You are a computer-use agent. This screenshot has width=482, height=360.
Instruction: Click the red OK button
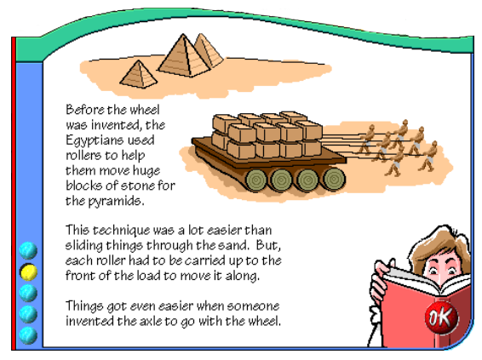click(441, 317)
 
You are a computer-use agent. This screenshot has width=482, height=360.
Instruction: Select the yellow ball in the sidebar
click(28, 271)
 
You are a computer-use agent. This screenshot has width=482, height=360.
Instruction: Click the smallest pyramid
click(139, 74)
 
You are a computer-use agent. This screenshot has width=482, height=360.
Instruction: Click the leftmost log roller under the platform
click(255, 180)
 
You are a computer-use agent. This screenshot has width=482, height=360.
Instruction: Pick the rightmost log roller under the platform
click(334, 179)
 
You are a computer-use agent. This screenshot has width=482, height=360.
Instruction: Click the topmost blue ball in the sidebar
click(28, 250)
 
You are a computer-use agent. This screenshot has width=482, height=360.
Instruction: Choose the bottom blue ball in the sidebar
click(28, 335)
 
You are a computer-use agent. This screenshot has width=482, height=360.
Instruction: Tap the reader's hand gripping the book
click(379, 284)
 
